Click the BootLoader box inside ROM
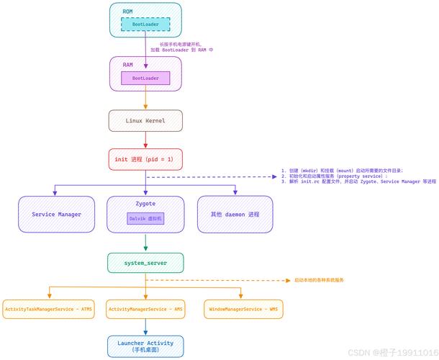(x=145, y=24)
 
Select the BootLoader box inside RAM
(x=145, y=78)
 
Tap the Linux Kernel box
(x=145, y=120)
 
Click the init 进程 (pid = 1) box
(x=145, y=159)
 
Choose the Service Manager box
(x=56, y=215)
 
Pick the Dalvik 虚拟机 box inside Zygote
(x=145, y=217)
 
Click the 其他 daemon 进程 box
(x=235, y=215)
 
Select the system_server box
(x=145, y=263)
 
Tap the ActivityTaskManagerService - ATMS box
(x=49, y=310)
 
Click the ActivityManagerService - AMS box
(x=145, y=310)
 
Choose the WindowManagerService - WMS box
(x=243, y=310)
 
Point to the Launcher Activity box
(x=145, y=346)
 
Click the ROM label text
(x=127, y=12)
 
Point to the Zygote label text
(x=145, y=204)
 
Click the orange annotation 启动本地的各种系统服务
(x=319, y=279)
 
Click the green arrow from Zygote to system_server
(x=145, y=243)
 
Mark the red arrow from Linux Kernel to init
(x=145, y=140)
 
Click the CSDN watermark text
(x=392, y=353)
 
